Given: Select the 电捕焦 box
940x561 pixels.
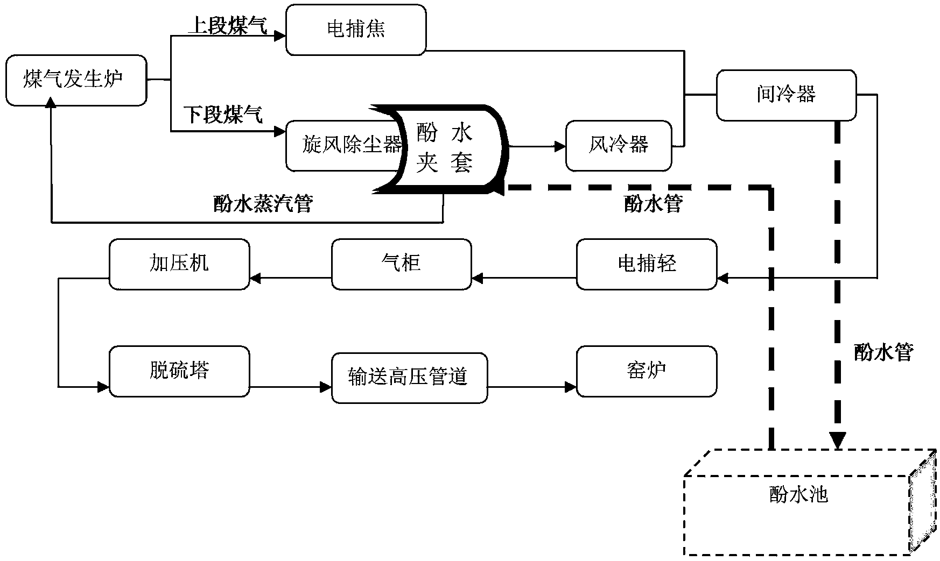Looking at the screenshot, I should (356, 30).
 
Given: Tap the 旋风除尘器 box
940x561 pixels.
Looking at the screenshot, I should (345, 145).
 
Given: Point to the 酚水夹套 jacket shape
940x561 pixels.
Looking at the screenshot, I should (445, 148).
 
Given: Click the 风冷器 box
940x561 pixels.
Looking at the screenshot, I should (619, 145).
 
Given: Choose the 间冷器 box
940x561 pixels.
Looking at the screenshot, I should (786, 95).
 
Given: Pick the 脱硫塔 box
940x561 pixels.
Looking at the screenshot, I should (179, 371).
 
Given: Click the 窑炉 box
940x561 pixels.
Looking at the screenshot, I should (647, 371).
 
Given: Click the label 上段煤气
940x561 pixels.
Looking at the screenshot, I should (227, 26).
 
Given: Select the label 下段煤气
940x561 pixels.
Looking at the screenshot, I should (223, 115).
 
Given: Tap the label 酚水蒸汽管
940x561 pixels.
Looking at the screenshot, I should (263, 204).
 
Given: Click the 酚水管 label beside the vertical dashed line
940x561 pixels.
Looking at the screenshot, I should (883, 352).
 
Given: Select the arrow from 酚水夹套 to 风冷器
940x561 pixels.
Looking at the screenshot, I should (536, 146).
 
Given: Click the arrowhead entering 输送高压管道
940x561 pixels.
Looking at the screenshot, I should (325, 387).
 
